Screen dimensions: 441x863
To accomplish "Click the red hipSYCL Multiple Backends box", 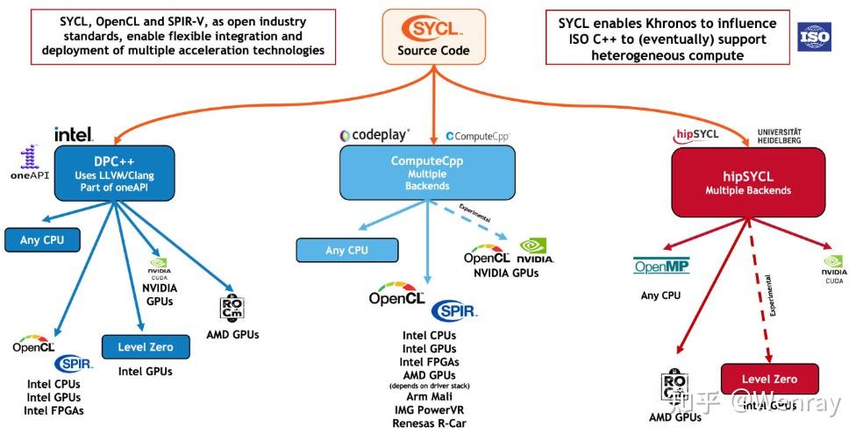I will click(747, 183).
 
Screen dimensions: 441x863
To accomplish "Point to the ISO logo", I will click(813, 38).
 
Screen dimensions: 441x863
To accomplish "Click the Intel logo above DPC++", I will click(74, 134).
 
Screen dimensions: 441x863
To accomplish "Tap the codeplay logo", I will click(374, 136).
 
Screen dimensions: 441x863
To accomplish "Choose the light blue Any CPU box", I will click(346, 250).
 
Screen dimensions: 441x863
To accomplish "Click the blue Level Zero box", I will click(145, 347).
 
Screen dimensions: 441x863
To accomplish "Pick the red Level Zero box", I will click(769, 379).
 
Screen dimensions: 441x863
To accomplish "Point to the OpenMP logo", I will click(661, 267).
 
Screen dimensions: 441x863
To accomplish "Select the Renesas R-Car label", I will click(430, 424).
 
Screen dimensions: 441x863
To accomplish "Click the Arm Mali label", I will click(430, 397).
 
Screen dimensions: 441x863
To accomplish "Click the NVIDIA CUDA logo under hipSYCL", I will click(834, 267).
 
